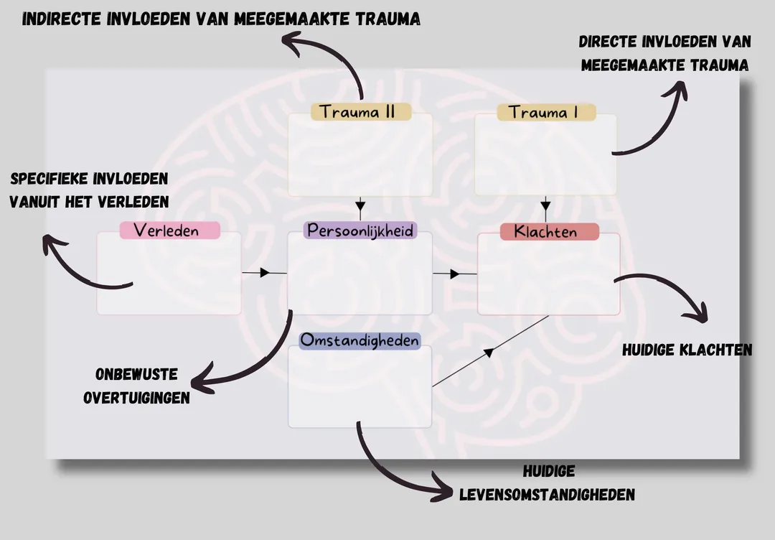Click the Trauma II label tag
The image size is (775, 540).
pos(361,111)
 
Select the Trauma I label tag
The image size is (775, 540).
pos(546,112)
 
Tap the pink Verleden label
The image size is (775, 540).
pos(169,231)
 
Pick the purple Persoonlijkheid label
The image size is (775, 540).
pos(360,230)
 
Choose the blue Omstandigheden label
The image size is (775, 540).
pos(360,340)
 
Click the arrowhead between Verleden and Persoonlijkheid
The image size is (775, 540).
pos(264,273)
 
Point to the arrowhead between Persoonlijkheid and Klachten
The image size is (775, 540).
pos(455,274)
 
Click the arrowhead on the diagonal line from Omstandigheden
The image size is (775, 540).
pos(489,352)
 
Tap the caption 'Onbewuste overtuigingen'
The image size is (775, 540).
pos(136,386)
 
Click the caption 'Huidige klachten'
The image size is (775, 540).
pos(687,350)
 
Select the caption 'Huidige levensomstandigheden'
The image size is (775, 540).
pos(547,483)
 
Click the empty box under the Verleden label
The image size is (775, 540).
pos(169,274)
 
